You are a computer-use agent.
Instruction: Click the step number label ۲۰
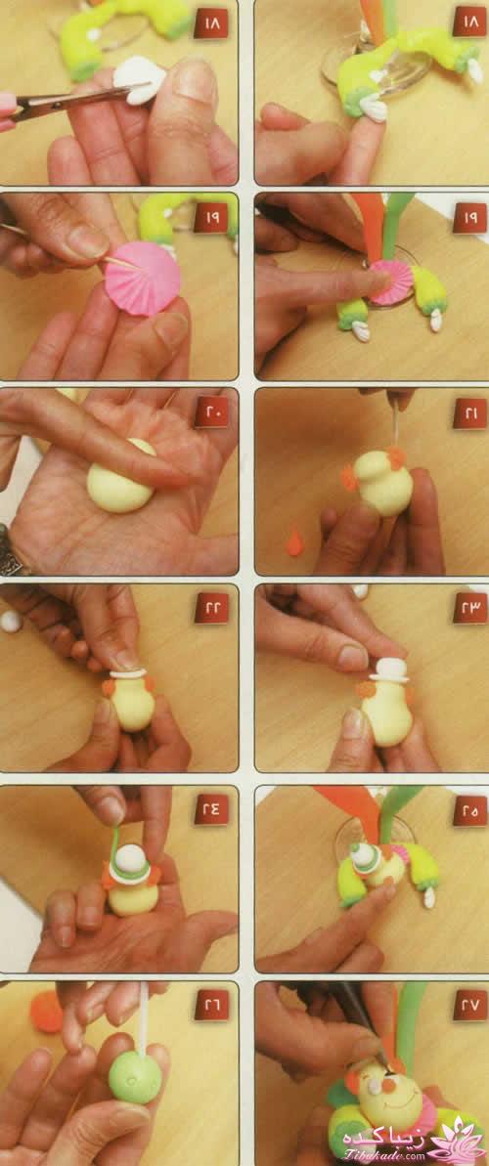211,412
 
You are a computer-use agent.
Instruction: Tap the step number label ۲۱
469,412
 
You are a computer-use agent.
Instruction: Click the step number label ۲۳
469,608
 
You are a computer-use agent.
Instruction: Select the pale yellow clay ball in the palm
120,477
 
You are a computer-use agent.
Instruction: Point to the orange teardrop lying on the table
295,540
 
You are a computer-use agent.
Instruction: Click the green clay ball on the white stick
135,1077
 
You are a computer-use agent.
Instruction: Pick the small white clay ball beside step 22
10,621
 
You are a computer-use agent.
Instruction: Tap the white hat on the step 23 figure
389,670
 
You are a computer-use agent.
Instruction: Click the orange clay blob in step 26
46,1013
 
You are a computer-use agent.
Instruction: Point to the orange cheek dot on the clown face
388,1087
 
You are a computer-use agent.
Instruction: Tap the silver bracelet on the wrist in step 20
11,550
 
